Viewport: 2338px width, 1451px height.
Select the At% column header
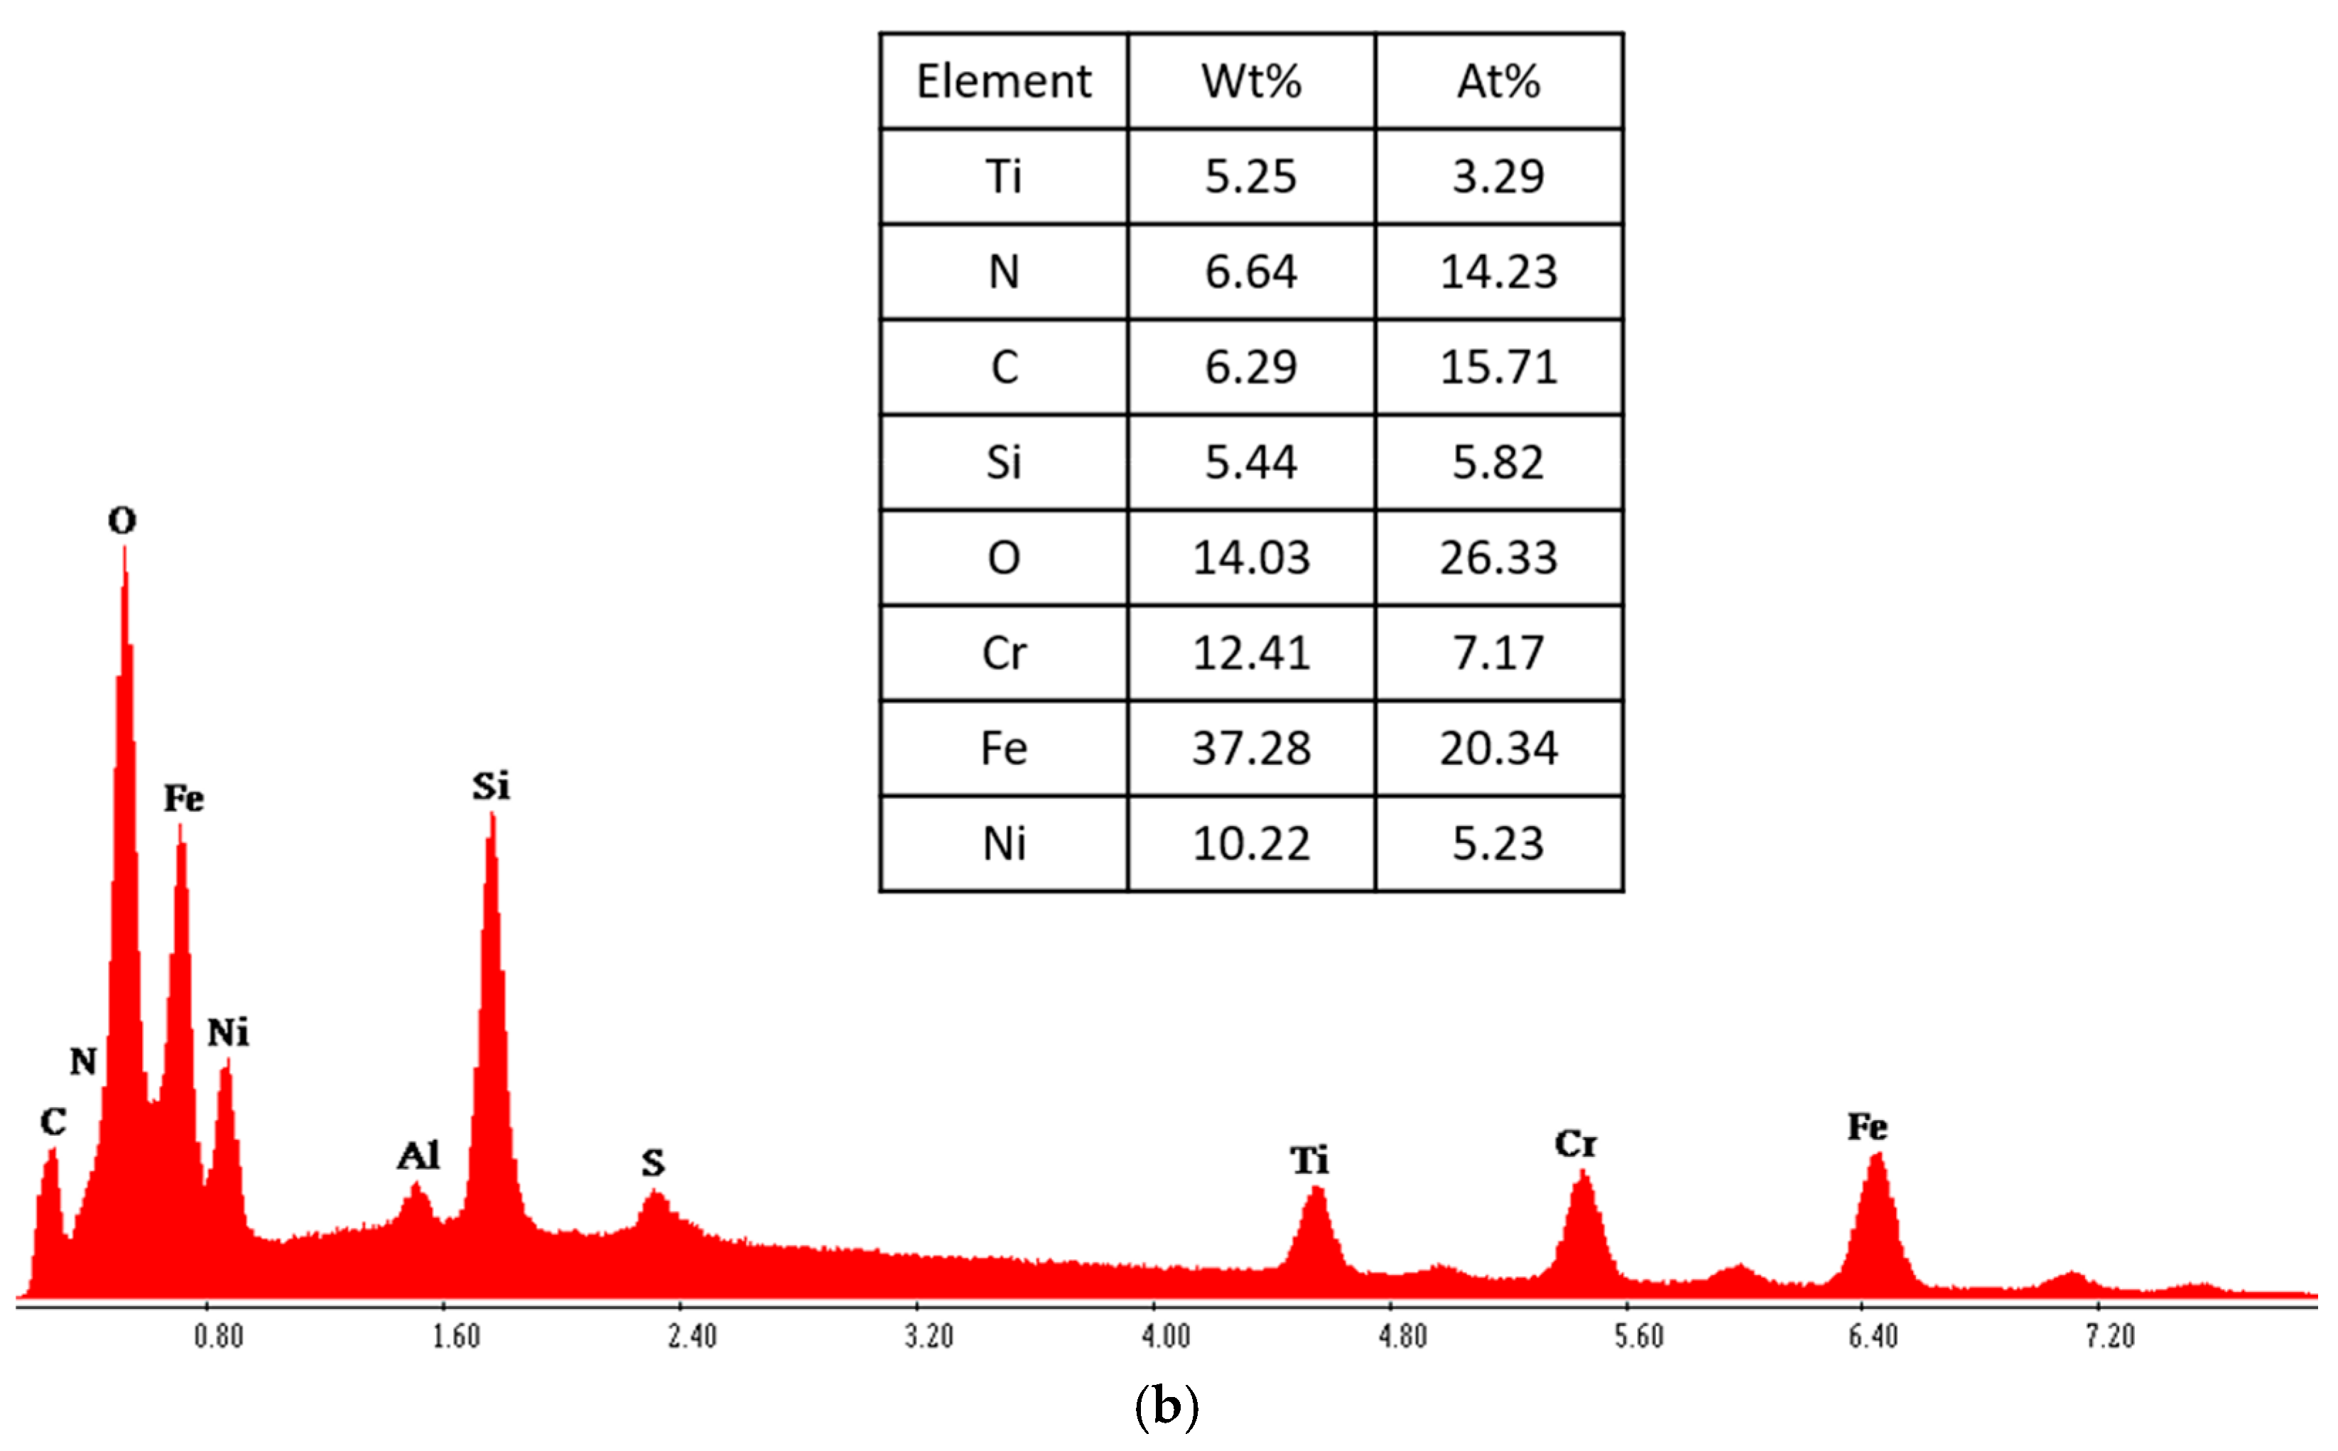1498,82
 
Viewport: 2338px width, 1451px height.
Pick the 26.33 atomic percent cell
1498,558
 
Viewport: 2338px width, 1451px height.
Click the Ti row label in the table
1003,177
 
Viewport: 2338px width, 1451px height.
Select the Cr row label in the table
1003,653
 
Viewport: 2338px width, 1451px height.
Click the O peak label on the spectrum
122,521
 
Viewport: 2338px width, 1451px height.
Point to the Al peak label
418,1156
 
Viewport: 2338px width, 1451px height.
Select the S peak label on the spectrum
653,1163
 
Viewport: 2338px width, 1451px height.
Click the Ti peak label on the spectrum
1309,1161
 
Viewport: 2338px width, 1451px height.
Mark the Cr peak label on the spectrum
1575,1144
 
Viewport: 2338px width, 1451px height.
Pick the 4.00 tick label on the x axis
1165,1336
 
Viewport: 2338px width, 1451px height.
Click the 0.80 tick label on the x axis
218,1336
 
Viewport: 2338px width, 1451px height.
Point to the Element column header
1003,82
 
